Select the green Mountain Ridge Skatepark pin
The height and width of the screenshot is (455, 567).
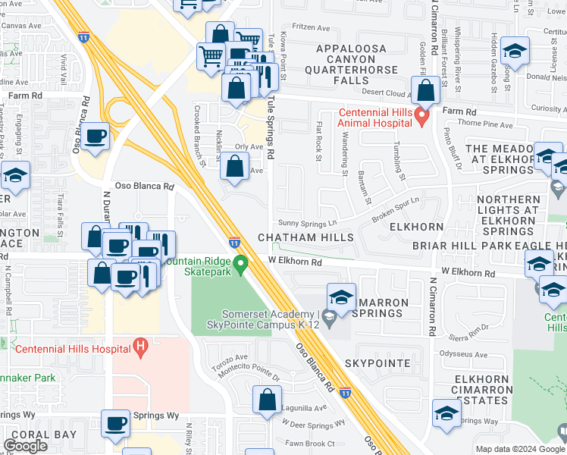point(241,265)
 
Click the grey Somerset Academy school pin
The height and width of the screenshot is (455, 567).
point(329,315)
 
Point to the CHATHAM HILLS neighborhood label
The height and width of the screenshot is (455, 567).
point(306,237)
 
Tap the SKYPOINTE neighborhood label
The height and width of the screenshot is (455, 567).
point(377,363)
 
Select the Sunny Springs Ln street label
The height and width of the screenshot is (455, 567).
point(307,224)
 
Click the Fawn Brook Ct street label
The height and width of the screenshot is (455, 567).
point(310,444)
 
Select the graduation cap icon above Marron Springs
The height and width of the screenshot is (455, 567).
point(341,297)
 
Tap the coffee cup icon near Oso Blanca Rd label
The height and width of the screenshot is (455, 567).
point(96,137)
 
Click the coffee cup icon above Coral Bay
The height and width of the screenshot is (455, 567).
point(115,424)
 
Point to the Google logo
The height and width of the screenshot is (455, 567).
point(26,446)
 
